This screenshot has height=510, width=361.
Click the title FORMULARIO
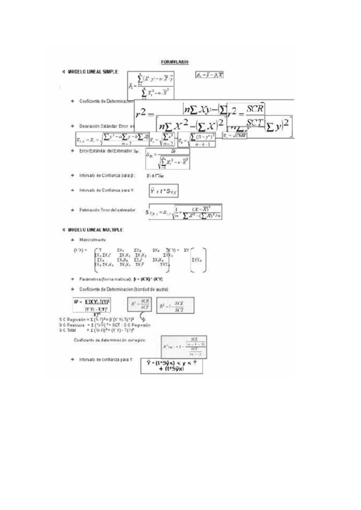click(x=176, y=62)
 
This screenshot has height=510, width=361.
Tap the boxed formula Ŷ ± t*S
click(x=164, y=192)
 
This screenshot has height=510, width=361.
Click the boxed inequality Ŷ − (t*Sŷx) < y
click(x=173, y=364)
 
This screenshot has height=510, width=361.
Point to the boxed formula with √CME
click(x=235, y=137)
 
